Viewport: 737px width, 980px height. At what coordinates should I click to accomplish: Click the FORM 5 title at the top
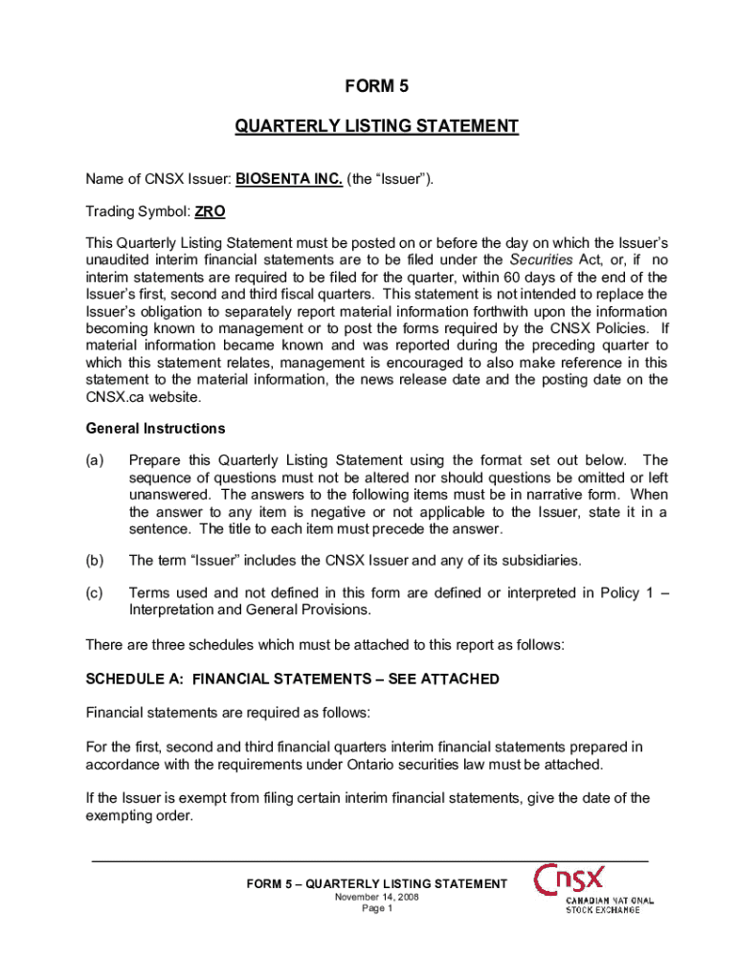pyautogui.click(x=368, y=87)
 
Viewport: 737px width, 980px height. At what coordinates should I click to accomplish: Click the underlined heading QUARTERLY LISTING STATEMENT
pyautogui.click(x=377, y=126)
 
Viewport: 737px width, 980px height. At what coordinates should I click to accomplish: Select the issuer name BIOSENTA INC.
pyautogui.click(x=289, y=178)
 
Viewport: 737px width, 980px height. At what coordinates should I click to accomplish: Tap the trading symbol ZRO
pyautogui.click(x=210, y=211)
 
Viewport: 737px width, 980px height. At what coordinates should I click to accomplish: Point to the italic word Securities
pyautogui.click(x=539, y=260)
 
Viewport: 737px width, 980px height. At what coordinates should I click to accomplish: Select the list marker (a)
pyautogui.click(x=95, y=461)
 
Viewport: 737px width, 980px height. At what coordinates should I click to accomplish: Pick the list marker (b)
pyautogui.click(x=95, y=560)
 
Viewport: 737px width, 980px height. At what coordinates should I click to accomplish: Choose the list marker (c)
pyautogui.click(x=95, y=593)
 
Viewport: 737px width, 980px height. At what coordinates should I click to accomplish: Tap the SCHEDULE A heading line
pyautogui.click(x=292, y=679)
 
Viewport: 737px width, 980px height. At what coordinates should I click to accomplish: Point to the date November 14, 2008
pyautogui.click(x=376, y=897)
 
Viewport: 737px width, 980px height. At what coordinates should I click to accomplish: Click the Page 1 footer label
pyautogui.click(x=376, y=908)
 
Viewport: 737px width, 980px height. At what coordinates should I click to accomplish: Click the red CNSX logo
pyautogui.click(x=569, y=878)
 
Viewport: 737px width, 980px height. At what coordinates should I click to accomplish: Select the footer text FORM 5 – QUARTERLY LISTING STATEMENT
pyautogui.click(x=376, y=883)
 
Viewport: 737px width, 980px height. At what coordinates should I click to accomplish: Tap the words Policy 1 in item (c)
pyautogui.click(x=625, y=593)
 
